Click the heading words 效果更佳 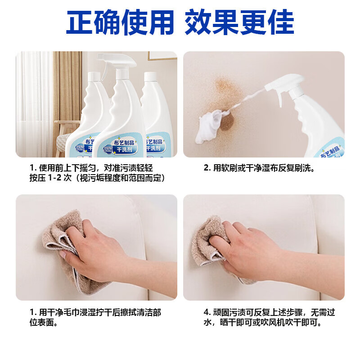coord(239,22)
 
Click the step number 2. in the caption coord(207,168)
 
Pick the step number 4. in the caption coord(207,312)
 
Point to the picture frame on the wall coord(162,55)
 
